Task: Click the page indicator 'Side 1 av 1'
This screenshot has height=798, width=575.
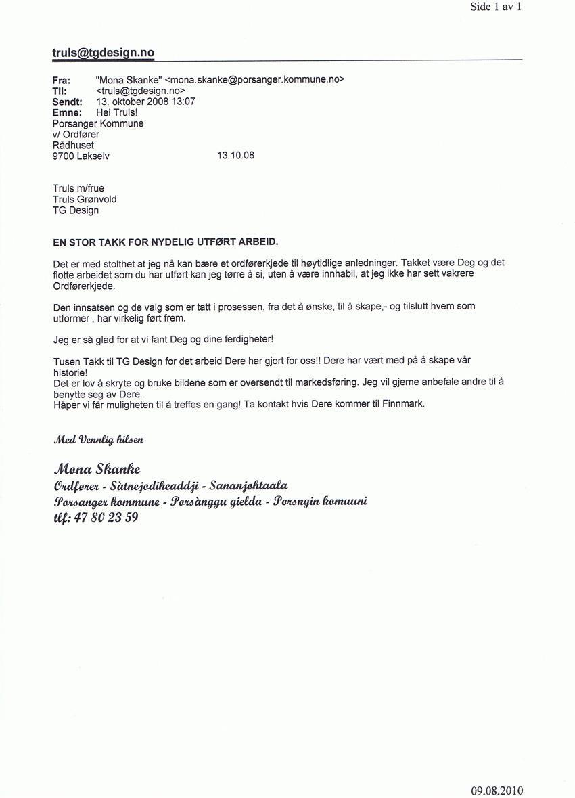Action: (496, 7)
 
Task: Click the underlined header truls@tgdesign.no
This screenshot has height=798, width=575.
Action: (103, 53)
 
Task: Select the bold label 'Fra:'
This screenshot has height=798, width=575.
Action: (62, 80)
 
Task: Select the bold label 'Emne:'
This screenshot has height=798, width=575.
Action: (67, 112)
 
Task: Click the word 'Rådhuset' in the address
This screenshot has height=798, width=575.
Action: (73, 145)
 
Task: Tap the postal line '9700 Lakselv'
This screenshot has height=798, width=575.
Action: (80, 156)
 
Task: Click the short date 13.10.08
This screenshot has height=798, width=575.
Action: (235, 156)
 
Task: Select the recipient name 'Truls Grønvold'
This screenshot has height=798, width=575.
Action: (85, 199)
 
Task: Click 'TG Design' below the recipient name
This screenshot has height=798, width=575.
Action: (75, 210)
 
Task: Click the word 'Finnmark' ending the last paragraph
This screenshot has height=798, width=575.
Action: (402, 404)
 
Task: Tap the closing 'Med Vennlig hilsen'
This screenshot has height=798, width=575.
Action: (98, 439)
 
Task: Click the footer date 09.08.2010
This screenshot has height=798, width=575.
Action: (497, 791)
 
